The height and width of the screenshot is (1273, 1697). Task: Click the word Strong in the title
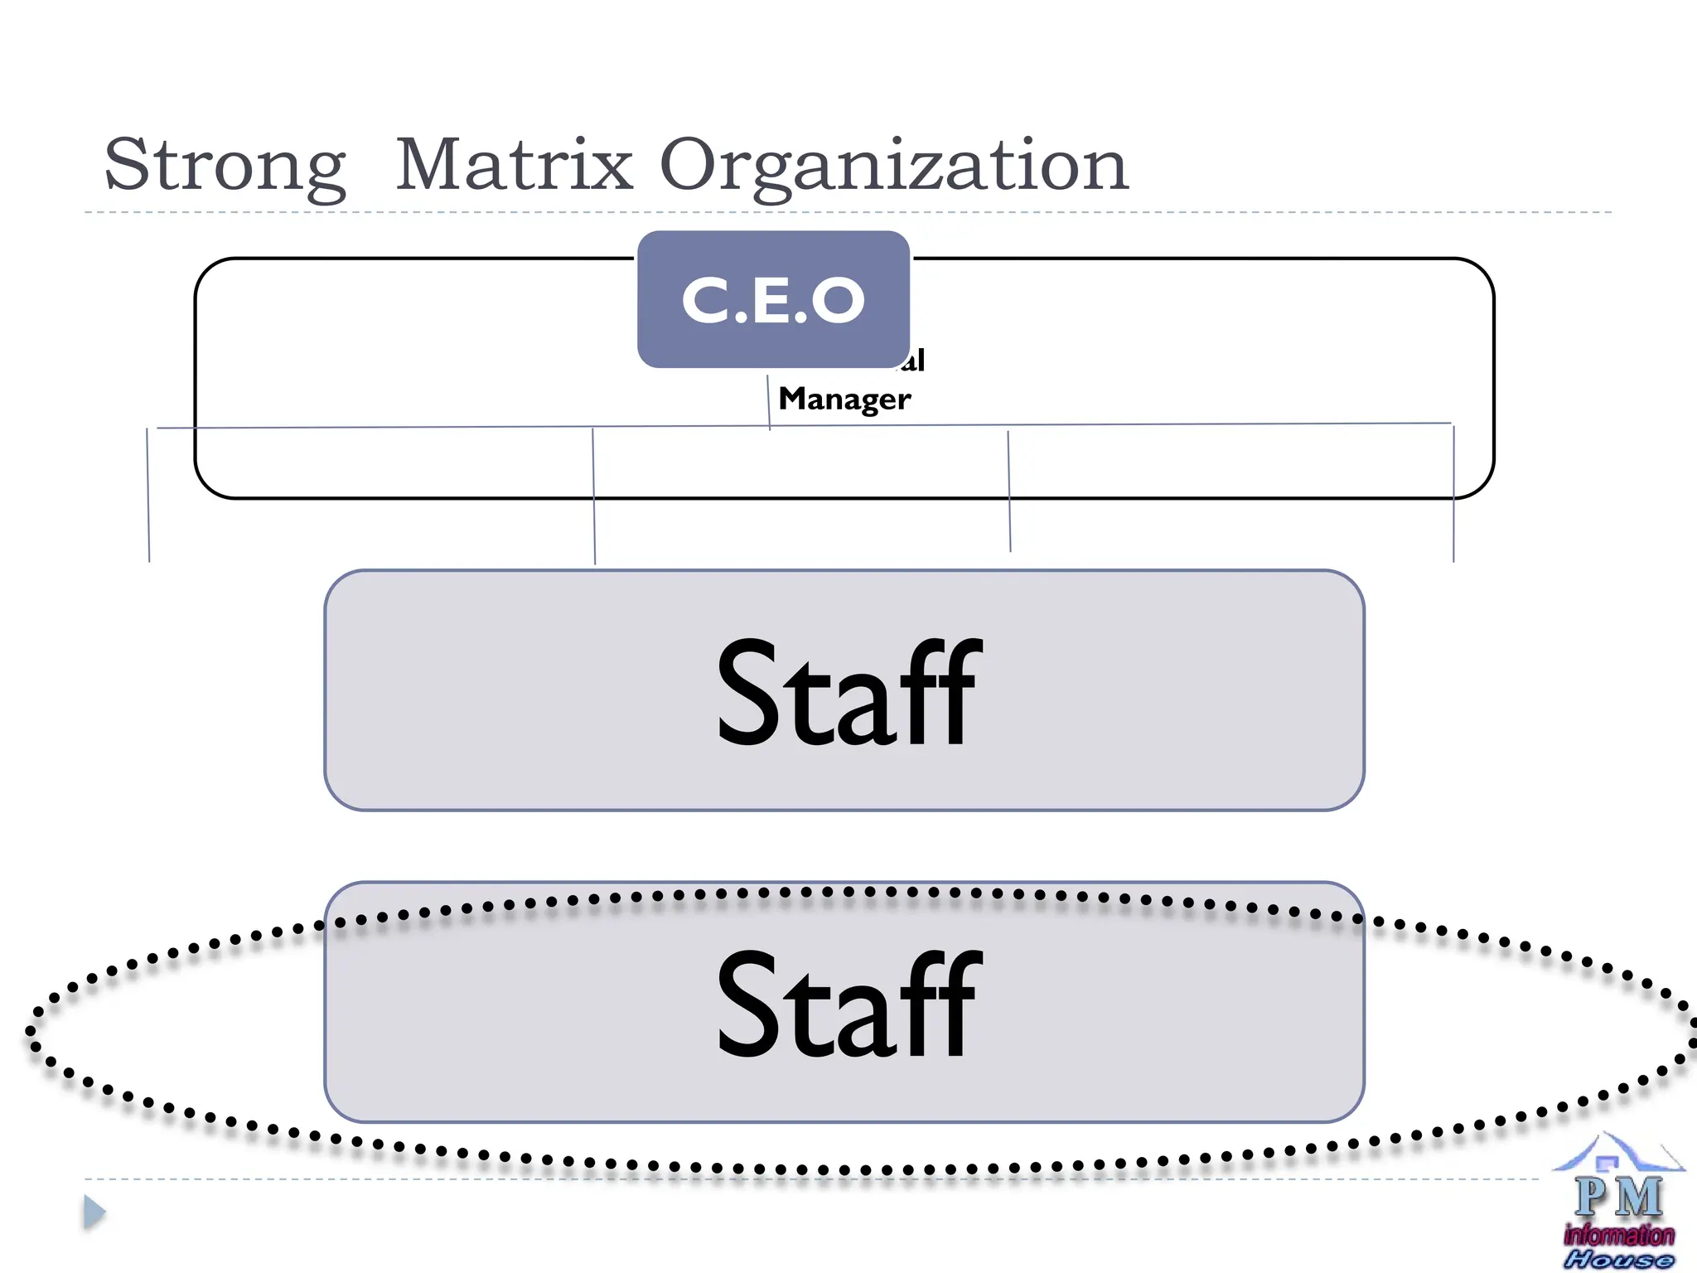pos(225,165)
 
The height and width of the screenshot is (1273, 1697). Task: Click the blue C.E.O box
pos(773,299)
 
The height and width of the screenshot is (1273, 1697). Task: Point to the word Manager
pos(844,399)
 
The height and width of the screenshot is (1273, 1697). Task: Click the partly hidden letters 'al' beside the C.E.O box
pos(916,361)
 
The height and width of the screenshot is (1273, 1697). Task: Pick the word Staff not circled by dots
pos(848,692)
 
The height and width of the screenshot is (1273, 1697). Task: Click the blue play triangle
pos(94,1212)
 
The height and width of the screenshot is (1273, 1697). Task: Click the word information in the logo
pos(1619,1235)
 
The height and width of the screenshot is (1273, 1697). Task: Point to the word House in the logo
pos(1619,1260)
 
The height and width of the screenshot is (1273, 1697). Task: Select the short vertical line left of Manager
pos(768,402)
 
